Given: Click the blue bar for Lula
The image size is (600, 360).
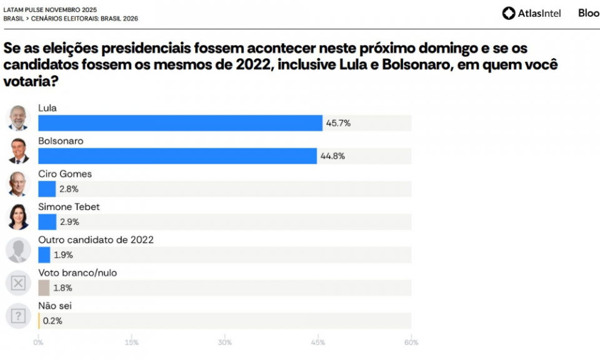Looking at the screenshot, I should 180,123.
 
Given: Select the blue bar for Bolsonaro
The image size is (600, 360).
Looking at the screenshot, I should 177,156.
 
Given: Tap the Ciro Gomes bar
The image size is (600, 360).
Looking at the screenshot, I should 47,189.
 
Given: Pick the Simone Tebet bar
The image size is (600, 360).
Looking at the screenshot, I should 47,222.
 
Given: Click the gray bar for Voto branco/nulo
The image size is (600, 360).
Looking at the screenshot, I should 44,288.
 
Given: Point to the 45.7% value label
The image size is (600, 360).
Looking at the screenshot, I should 338,123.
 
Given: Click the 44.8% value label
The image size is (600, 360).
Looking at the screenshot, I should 332,156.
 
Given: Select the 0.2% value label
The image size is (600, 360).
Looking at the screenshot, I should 53,321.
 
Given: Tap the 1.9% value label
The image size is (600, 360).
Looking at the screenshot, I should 63,255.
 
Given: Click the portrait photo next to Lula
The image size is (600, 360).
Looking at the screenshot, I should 18,117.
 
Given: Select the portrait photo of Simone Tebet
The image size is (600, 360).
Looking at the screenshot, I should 18,217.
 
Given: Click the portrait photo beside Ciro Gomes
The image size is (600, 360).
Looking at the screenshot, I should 18,184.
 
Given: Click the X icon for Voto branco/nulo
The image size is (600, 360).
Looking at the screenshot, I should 18,283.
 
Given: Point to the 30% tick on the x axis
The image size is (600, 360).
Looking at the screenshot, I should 224,342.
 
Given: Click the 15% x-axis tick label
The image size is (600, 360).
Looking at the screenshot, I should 131,342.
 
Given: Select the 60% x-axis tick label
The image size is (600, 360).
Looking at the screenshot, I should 411,342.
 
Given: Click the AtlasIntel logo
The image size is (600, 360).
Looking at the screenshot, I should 531,13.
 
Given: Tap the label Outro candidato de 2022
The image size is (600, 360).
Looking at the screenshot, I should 96,240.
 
